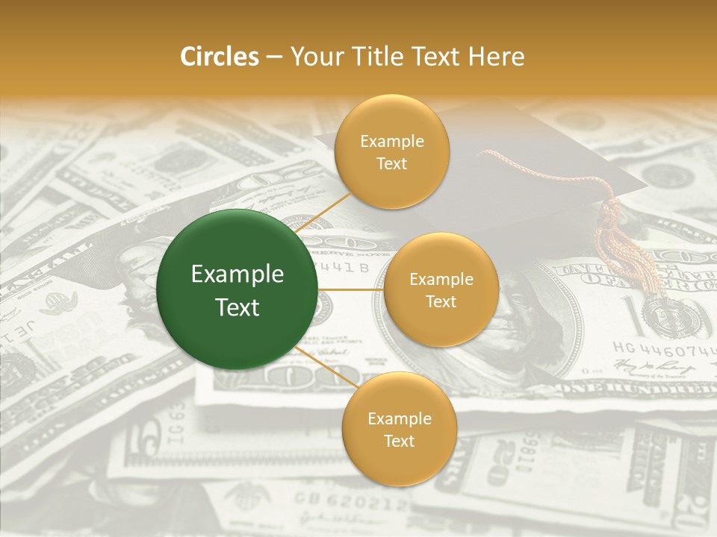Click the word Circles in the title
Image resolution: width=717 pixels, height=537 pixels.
[219, 56]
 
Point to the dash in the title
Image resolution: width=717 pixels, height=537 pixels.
[274, 57]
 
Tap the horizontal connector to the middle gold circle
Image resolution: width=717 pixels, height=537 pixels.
[351, 289]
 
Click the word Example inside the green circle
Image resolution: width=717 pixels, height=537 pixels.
[238, 274]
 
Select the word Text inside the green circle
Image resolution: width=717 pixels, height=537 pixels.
[238, 307]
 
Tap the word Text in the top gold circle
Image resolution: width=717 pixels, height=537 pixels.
[391, 164]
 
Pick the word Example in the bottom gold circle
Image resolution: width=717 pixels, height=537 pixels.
[399, 418]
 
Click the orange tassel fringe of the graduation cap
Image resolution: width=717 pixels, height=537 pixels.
[631, 254]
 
